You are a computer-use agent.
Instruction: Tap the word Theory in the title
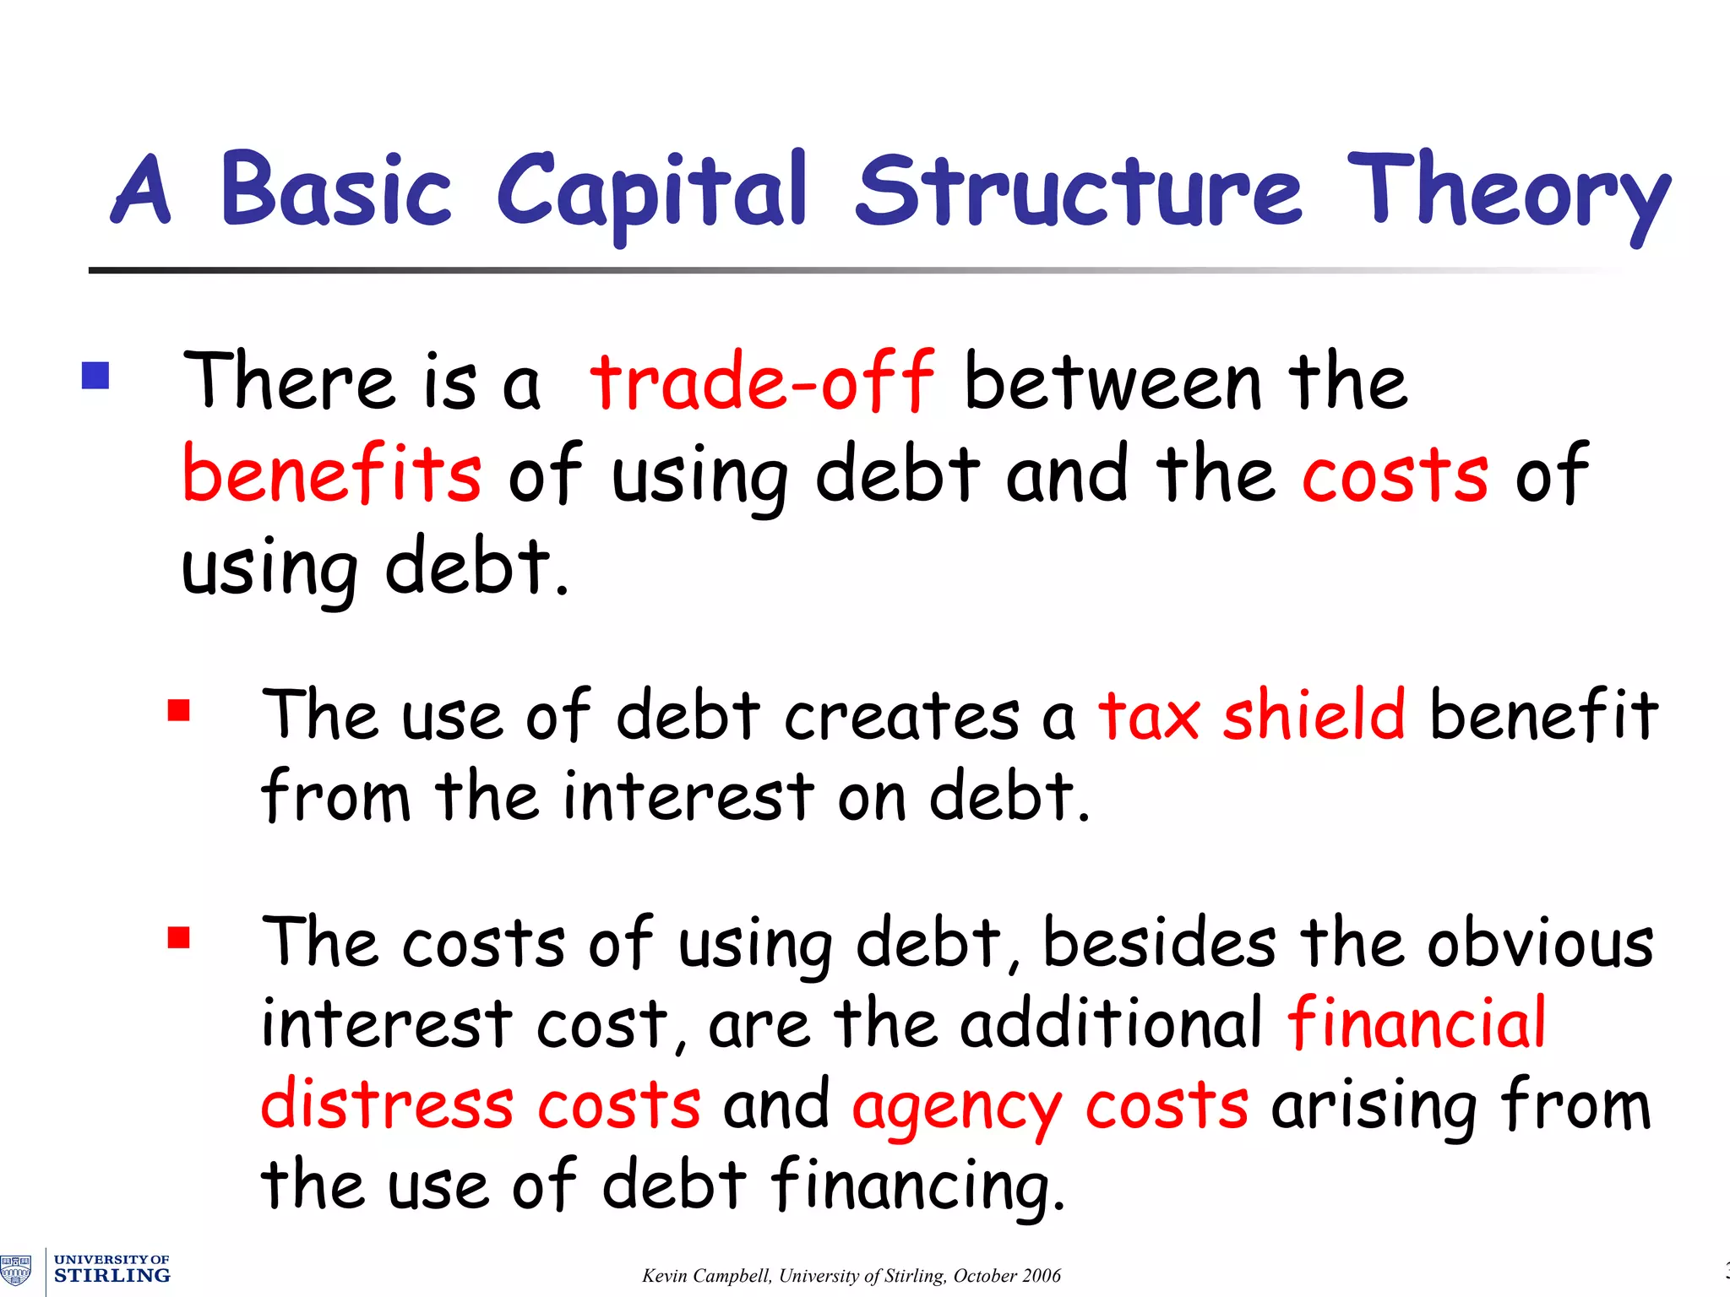pos(1508,193)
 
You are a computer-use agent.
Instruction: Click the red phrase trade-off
pos(762,382)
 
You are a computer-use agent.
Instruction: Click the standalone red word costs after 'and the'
pos(1394,475)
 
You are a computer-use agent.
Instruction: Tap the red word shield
pos(1314,714)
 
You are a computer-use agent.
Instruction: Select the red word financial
pos(1417,1023)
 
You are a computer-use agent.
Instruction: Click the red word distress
pos(387,1104)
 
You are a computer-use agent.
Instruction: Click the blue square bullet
pos(95,376)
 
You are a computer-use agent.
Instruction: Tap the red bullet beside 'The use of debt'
pos(178,710)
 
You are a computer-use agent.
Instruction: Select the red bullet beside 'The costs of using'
pos(178,938)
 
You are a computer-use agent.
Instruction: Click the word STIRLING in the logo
pos(112,1276)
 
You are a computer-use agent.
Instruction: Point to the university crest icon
pos(16,1269)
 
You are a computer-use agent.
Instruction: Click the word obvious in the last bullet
pos(1540,942)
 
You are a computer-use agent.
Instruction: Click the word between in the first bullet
pos(1113,382)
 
